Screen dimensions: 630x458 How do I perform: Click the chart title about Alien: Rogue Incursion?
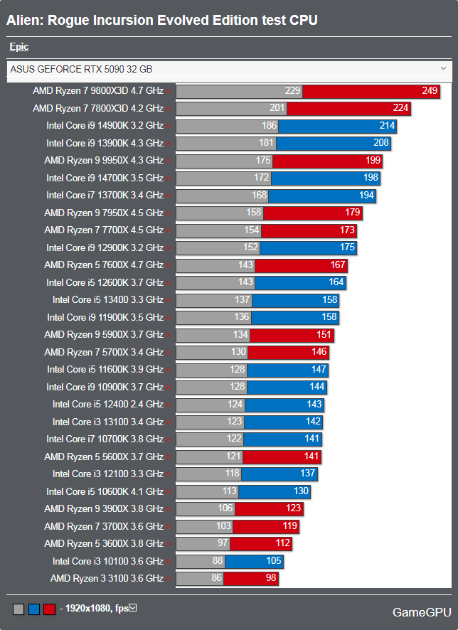162,21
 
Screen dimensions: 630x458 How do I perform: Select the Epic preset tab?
19,47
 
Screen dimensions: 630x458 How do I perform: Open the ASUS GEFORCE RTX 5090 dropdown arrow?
444,68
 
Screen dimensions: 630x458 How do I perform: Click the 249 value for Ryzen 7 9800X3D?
430,91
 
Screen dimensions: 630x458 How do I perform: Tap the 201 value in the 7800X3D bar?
277,108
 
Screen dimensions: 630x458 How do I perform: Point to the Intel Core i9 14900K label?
105,126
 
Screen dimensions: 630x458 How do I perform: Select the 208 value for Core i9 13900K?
381,143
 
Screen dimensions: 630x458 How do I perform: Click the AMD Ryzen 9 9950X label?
104,161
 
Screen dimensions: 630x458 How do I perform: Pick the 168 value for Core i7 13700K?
260,195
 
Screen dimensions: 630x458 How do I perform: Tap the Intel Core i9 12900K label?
105,247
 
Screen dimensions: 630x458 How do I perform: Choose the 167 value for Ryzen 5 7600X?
338,265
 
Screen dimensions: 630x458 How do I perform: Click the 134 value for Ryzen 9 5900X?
241,335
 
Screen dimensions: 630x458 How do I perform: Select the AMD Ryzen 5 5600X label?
104,457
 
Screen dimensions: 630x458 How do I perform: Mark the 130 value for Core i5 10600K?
301,491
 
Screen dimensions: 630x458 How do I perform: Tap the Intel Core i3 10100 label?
108,561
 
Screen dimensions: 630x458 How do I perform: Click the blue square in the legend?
33,609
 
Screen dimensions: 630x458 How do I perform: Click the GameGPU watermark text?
418,612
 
